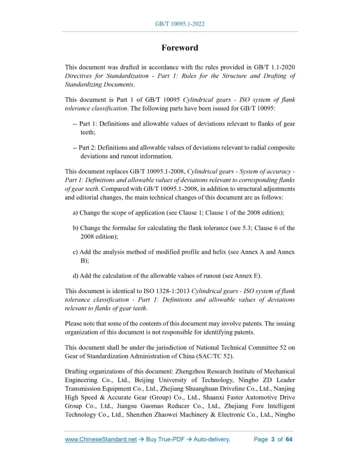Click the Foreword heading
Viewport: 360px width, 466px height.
tap(179, 48)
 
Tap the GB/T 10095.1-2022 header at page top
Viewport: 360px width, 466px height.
tap(179, 24)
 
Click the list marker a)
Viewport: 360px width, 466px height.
tap(76, 212)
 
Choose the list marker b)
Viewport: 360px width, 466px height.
tap(76, 228)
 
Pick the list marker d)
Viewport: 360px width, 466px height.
tap(76, 275)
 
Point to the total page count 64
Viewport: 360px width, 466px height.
tap(289, 439)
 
